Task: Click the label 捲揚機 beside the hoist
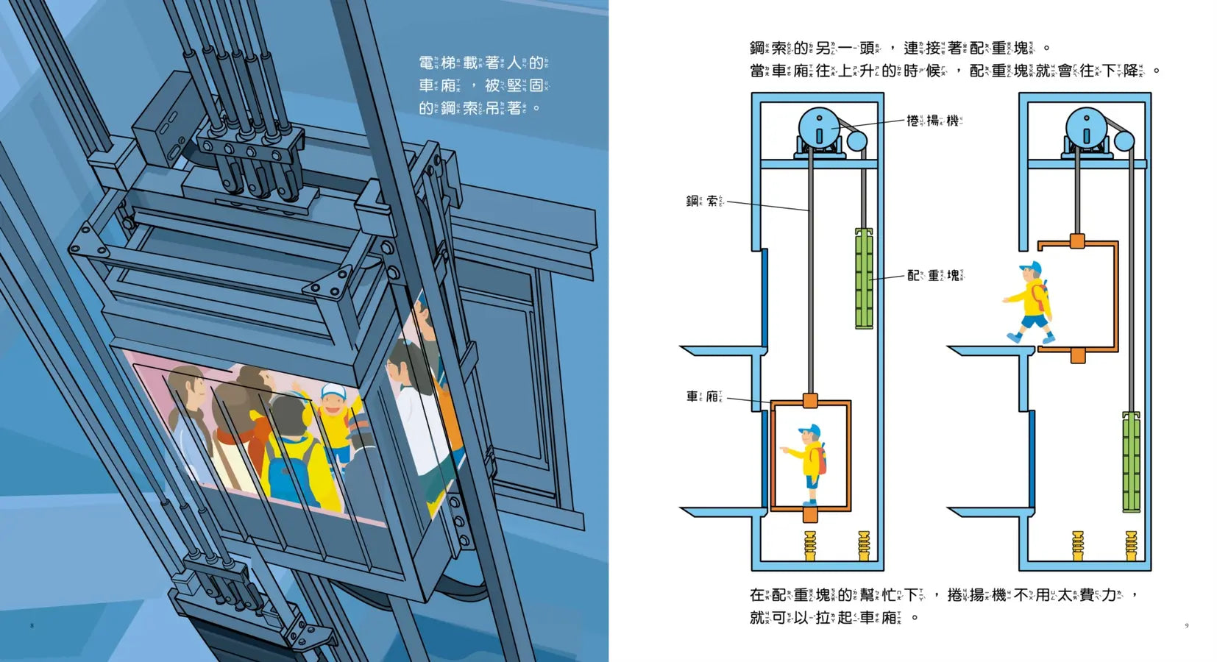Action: point(934,121)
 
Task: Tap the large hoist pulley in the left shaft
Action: point(819,128)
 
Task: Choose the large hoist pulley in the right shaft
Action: point(1086,128)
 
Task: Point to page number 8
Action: point(32,625)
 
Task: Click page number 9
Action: point(1186,625)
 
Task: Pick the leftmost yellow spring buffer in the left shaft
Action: point(810,545)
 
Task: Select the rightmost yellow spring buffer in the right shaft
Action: point(1131,545)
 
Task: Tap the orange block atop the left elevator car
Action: point(810,401)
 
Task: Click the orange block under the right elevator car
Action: point(1078,356)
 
